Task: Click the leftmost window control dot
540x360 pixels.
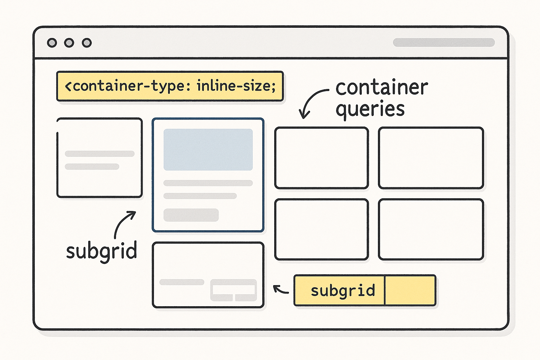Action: point(52,43)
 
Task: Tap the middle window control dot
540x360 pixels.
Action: point(69,43)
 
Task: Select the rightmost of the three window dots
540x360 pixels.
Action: point(87,43)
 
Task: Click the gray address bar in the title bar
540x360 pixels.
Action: point(444,43)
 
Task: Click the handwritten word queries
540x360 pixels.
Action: point(370,109)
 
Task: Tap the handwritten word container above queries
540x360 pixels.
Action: point(382,88)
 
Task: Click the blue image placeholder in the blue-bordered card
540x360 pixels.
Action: point(208,150)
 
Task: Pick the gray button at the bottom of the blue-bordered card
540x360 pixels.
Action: point(191,215)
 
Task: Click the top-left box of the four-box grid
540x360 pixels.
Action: point(321,158)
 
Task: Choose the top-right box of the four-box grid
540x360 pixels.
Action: point(431,158)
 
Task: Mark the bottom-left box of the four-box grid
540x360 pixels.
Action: point(321,229)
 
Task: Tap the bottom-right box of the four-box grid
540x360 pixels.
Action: point(431,229)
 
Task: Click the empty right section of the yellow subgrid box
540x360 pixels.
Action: point(410,290)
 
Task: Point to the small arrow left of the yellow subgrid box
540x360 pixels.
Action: point(281,289)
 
